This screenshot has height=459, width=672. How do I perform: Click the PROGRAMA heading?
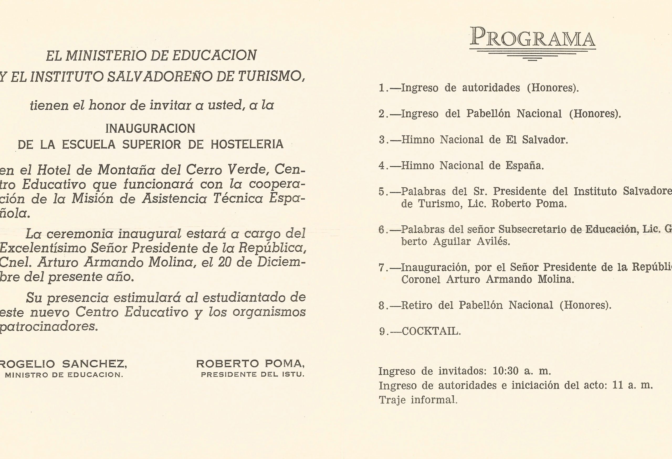click(x=532, y=37)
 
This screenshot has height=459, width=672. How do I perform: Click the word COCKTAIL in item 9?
click(x=431, y=331)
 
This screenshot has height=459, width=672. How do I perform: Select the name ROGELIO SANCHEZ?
click(x=63, y=364)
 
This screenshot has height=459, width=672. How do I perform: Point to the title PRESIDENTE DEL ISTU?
click(x=253, y=375)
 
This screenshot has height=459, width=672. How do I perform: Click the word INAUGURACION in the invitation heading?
click(x=150, y=128)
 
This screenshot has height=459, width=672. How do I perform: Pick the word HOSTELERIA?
click(x=247, y=144)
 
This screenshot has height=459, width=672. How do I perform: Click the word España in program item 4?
click(x=524, y=166)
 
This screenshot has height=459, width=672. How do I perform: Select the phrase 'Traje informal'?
click(x=418, y=400)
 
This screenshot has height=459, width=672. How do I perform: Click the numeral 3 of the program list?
click(x=382, y=140)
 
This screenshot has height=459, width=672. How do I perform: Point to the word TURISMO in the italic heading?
click(x=271, y=76)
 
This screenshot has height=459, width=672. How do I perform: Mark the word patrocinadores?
click(x=49, y=326)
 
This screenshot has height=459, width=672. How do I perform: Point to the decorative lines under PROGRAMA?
click(x=532, y=54)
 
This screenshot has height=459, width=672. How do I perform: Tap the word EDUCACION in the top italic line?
click(x=214, y=56)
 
